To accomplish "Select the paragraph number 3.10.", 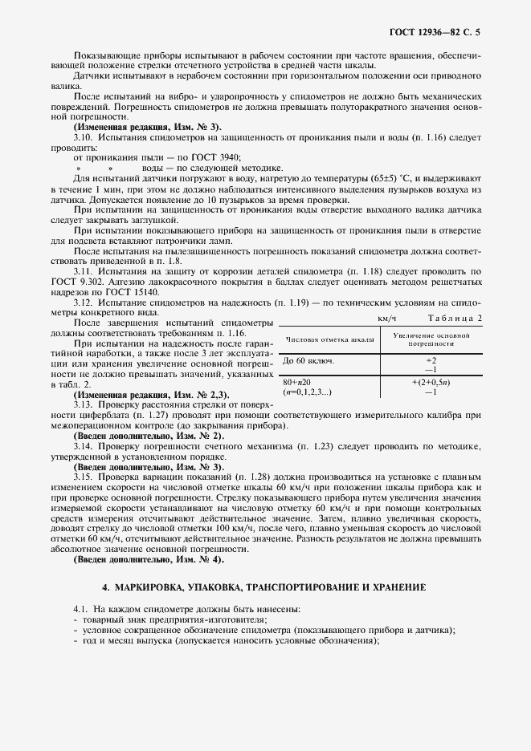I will [x=83, y=137].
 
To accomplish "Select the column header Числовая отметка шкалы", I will [x=328, y=340].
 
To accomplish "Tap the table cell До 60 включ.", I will [x=308, y=361].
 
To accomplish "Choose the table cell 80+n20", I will [x=297, y=383].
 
